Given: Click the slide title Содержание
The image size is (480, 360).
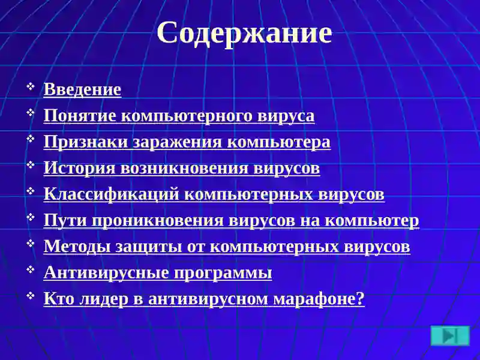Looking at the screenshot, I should coord(244,33).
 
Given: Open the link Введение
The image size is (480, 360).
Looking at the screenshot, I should coord(82,89).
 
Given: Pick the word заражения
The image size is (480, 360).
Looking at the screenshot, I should coord(179,142).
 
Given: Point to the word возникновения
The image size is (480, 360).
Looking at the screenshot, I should coord(182,168).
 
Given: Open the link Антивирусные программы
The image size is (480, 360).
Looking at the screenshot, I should coord(158,273).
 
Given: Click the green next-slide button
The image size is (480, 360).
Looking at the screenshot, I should coord(450,335).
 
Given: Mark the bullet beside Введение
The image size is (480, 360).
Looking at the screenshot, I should coord(31,88).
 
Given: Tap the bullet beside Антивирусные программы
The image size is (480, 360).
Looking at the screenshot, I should coord(31,271).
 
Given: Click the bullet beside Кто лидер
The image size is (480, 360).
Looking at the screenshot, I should coord(31,297).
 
